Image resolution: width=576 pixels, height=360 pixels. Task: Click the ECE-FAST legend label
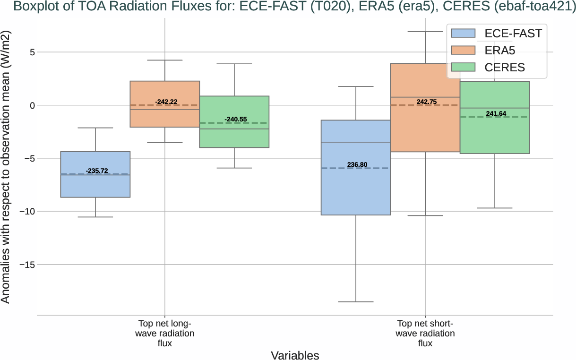coord(513,33)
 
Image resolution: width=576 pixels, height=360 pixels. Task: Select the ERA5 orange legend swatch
coord(464,50)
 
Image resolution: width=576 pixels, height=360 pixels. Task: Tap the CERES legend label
coord(505,68)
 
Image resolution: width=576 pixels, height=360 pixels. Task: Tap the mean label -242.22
coord(165,102)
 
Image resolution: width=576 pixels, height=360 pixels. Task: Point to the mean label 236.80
coord(357,165)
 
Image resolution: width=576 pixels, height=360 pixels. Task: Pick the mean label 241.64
coord(496,113)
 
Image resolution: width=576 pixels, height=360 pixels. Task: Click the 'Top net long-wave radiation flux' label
coord(165,334)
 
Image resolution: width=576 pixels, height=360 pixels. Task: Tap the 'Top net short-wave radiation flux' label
coord(425,334)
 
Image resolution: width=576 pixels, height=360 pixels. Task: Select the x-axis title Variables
coord(295,355)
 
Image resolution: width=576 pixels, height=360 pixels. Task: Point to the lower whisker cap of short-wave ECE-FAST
coord(356,302)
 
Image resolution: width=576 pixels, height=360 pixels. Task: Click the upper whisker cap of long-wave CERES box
coord(234,64)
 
